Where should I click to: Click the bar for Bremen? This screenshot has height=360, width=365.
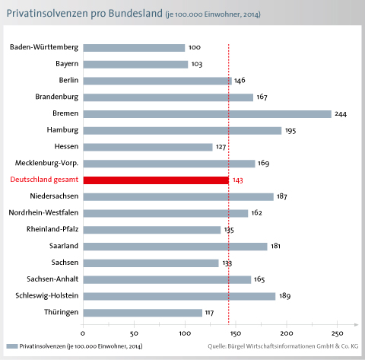[x=208, y=114]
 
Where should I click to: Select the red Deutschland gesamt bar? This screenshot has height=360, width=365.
[x=156, y=180]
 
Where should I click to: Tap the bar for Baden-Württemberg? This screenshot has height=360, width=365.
[x=134, y=48]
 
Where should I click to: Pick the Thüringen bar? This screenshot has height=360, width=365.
[x=143, y=313]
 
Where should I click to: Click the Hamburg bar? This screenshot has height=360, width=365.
[x=182, y=131]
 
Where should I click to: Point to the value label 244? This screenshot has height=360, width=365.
[x=341, y=114]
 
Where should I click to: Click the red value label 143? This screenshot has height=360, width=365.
[x=238, y=180]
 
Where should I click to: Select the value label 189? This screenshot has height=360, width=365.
[x=285, y=296]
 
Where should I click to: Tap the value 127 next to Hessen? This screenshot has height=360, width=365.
[x=221, y=147]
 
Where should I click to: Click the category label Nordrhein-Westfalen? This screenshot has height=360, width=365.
[x=43, y=212]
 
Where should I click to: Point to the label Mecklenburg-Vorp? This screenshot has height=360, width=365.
[x=47, y=163]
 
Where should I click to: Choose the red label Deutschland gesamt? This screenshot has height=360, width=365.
[x=44, y=180]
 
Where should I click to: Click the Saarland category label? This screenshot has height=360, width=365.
[x=64, y=246]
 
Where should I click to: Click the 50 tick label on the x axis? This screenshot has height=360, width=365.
[x=134, y=333]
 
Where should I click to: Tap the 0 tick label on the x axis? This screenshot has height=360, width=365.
[x=83, y=333]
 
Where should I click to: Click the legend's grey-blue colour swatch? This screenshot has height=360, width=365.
[x=12, y=346]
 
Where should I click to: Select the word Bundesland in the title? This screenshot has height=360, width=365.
[x=135, y=14]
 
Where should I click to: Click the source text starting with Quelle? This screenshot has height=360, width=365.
[x=283, y=346]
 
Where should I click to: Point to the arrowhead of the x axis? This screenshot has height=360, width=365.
[x=357, y=324]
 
